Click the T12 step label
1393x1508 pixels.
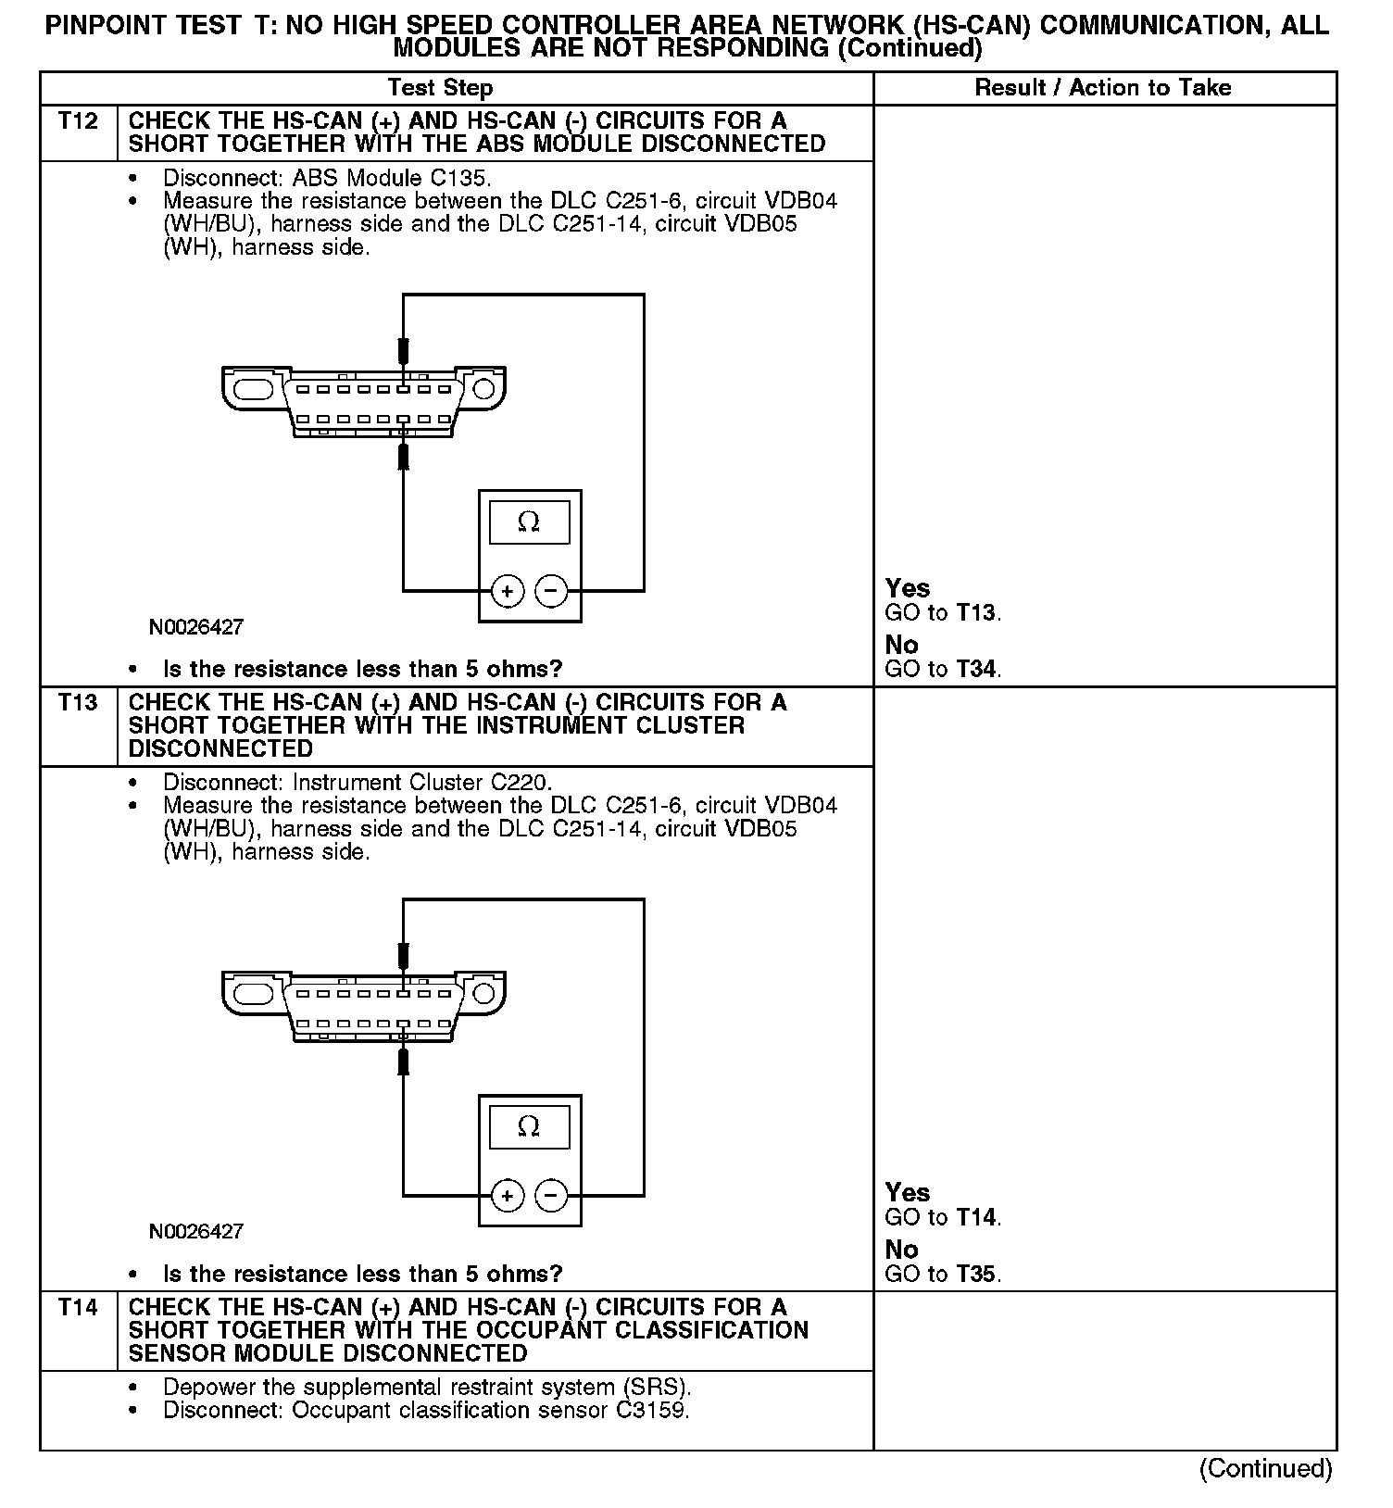pos(78,121)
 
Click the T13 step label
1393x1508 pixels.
pos(78,703)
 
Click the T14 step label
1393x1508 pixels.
pos(78,1308)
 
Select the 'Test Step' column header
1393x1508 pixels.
pos(440,88)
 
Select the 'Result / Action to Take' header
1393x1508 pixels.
pos(1103,88)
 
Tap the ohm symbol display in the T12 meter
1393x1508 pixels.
pos(529,522)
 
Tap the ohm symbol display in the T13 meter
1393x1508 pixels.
pos(529,1126)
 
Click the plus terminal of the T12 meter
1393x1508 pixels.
pos(507,591)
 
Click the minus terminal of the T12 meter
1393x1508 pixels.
pos(552,591)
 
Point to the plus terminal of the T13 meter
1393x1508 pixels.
pos(507,1196)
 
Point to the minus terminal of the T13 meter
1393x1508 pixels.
pos(552,1196)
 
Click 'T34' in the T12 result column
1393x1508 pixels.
pos(977,669)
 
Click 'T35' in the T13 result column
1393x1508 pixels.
pos(977,1274)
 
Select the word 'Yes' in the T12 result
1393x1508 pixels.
pos(907,588)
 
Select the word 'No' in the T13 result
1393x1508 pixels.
pos(901,1250)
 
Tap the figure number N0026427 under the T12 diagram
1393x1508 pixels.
pos(196,627)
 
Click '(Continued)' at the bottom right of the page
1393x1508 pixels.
pos(1265,1469)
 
